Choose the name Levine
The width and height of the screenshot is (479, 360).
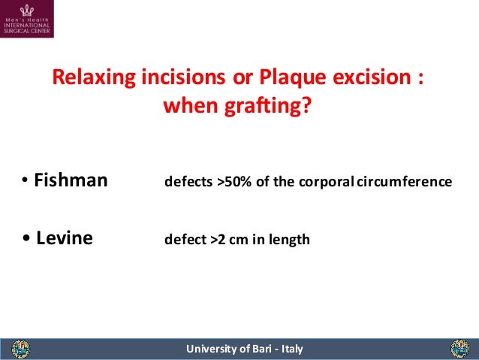(65, 239)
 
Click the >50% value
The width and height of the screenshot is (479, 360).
(234, 183)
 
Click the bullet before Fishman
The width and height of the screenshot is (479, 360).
(25, 181)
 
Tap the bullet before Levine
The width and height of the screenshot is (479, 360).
(27, 239)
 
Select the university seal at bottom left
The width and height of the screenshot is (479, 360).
(21, 349)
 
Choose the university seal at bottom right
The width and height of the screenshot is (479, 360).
(459, 349)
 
